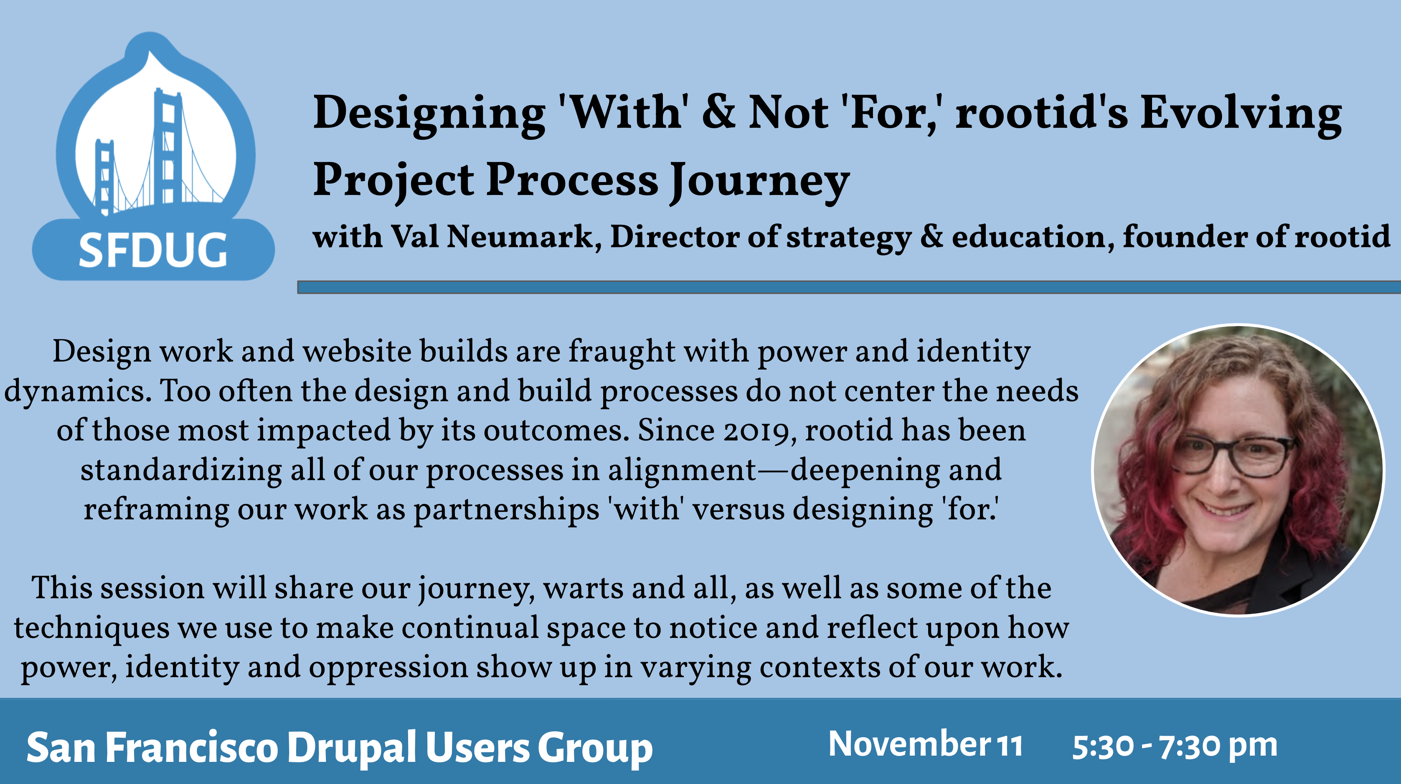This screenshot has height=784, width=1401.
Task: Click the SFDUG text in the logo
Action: pyautogui.click(x=153, y=250)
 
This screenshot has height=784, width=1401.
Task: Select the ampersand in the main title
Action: pyautogui.click(x=719, y=111)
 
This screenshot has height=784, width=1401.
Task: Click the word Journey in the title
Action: pyautogui.click(x=759, y=182)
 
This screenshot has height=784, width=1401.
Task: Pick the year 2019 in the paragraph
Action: pyautogui.click(x=755, y=431)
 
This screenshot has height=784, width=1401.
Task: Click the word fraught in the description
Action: pyautogui.click(x=622, y=352)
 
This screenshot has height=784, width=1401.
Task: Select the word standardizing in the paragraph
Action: pyautogui.click(x=181, y=471)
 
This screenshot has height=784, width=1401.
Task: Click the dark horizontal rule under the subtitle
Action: pyautogui.click(x=849, y=287)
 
